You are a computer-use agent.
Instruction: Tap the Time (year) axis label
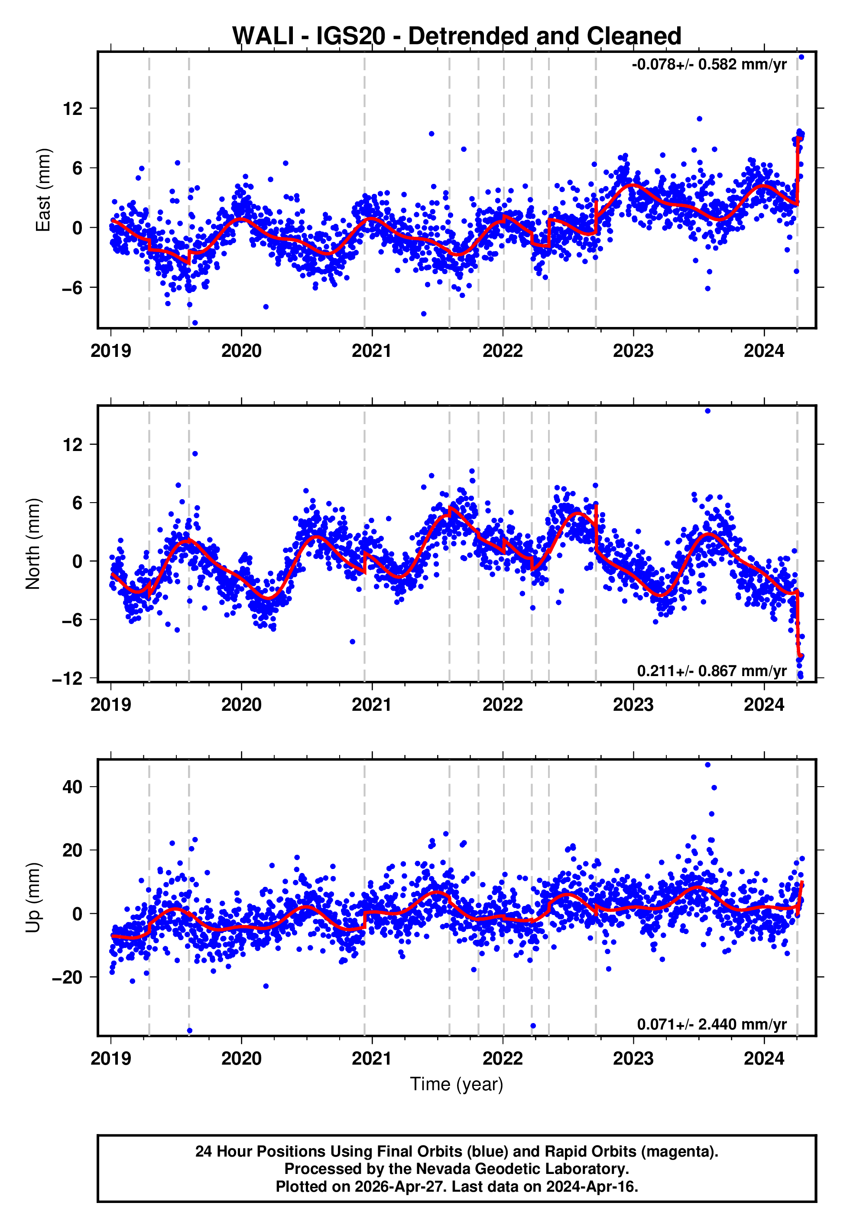coord(457,1084)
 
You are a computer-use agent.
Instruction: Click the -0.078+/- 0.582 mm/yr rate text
coord(709,65)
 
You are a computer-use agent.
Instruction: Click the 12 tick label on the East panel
coord(73,109)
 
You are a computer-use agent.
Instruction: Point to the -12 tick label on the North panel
coord(68,678)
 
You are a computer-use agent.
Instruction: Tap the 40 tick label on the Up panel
coord(73,787)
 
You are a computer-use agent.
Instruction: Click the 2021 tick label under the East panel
coord(372,351)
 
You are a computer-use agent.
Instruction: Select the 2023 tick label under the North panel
coord(633,705)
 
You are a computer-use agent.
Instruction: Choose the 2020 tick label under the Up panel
coord(241,1058)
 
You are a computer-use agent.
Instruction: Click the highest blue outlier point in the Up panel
coord(708,765)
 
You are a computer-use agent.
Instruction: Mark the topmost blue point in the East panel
coord(801,57)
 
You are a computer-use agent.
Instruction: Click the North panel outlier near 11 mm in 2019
coord(195,454)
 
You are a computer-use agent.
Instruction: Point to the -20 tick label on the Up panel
coord(68,977)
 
